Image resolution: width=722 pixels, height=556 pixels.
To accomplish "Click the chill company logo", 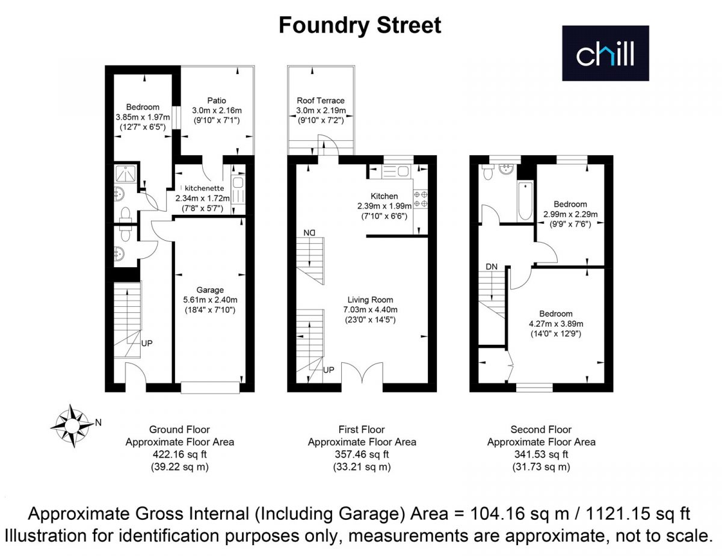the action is coord(605,53).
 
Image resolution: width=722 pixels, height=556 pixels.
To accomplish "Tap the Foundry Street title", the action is coord(360,25).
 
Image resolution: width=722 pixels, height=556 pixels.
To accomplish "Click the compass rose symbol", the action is coord(72,425).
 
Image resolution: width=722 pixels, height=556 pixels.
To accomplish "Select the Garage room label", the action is coord(210,290).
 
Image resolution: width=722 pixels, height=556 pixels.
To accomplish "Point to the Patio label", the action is coord(217,100).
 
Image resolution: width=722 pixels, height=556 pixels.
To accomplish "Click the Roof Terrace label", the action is coord(321,100).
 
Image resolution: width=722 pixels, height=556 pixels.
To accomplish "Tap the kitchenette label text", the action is coord(205,188).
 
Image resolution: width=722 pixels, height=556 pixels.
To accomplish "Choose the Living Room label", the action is coord(370,300).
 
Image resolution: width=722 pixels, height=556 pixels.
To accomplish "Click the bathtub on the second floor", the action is coord(525,201).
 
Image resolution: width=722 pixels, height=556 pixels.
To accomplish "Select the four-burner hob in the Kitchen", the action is coord(421,199).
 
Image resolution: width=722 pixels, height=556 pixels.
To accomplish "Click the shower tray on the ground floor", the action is coord(126,173).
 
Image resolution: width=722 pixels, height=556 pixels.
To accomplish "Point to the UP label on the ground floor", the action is coord(147,344).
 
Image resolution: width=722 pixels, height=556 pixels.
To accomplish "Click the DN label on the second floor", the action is coord(492,267).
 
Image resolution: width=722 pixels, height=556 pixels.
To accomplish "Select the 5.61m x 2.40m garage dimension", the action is coord(211,300).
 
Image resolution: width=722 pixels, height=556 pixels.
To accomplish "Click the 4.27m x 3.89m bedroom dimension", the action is coord(556,324).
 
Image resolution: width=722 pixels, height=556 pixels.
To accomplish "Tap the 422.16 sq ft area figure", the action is coord(179,454).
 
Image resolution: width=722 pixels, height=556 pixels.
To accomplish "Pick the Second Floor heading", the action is coord(541,430).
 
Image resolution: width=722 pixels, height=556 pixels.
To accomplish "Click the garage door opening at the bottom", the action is coord(210,388).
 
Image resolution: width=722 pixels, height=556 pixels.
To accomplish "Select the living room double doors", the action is coord(362,373).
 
